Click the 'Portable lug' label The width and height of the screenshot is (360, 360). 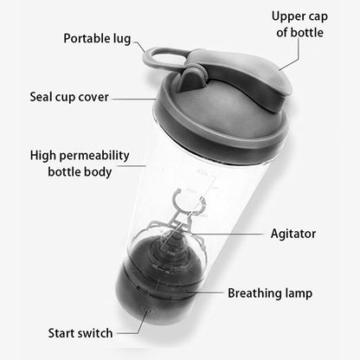pos(97,39)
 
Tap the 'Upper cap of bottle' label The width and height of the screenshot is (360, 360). pos(299,24)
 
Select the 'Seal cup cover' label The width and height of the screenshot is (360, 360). pos(69,97)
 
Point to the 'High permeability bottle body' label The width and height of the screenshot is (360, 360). pos(80,164)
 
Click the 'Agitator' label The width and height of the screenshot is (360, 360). pos(293,234)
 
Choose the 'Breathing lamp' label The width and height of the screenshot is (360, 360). pos(270,293)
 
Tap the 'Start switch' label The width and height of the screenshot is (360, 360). pos(80,333)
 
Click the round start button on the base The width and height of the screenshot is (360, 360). pos(148,311)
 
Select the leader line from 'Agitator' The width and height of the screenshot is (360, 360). pos(225,234)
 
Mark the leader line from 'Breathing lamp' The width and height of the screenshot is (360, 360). pos(205,292)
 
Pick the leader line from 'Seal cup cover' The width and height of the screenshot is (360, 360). pos(134,99)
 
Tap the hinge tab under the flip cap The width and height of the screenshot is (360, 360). pos(192,80)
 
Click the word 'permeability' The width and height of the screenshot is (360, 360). pos(94,156)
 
